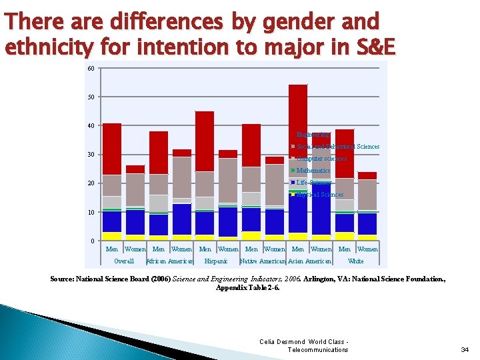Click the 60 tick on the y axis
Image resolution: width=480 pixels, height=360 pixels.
pos(91,68)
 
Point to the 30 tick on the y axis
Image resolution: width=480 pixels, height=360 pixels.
pos(91,155)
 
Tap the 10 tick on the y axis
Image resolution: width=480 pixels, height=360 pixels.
pos(91,212)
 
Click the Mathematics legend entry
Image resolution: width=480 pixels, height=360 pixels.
pos(313,171)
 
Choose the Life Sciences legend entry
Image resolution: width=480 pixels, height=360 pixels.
pos(313,183)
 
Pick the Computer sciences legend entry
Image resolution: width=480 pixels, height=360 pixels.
pos(321,159)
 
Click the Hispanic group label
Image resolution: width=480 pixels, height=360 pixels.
pos(217,261)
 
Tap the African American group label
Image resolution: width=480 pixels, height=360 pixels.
pos(169,261)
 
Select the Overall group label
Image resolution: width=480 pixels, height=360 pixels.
pos(124,261)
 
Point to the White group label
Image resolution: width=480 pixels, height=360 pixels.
pos(356,261)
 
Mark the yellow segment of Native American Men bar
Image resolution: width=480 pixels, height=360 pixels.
pos(251,236)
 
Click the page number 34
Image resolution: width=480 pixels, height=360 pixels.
pos(465,349)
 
